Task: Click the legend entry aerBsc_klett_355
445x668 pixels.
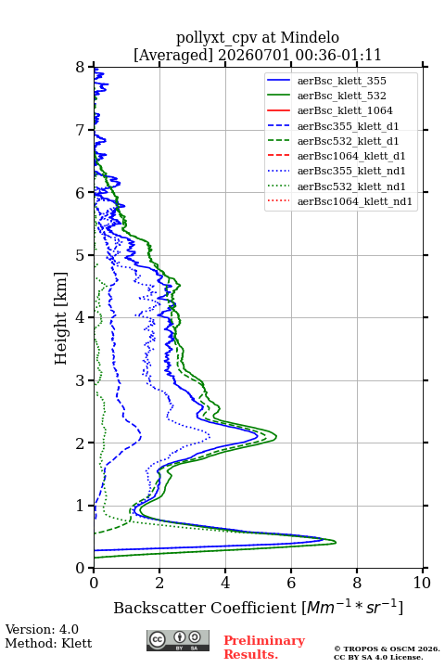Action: tap(341, 81)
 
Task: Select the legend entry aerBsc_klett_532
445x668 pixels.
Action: tap(341, 96)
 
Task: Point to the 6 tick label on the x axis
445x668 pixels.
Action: tap(291, 583)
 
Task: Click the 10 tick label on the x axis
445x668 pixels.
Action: tap(422, 583)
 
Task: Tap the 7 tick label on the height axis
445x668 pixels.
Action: tap(81, 130)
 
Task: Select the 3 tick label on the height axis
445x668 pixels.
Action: tap(81, 380)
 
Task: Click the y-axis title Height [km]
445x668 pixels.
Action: tap(61, 318)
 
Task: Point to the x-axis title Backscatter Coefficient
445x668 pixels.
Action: tap(205, 608)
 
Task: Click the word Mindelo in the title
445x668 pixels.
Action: tap(310, 37)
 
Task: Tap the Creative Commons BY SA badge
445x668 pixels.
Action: tap(178, 640)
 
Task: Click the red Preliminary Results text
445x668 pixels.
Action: tap(264, 648)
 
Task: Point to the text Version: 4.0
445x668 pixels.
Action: tap(42, 629)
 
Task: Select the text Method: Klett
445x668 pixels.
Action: tap(48, 643)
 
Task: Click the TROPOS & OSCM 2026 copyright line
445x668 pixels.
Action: tap(387, 649)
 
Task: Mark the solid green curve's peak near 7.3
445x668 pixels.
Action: tap(336, 543)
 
